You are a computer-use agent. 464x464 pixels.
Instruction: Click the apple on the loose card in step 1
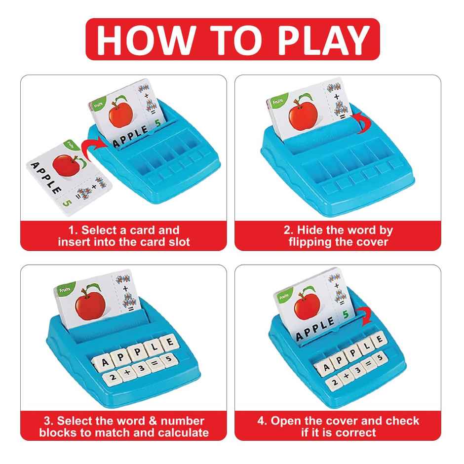coord(64,165)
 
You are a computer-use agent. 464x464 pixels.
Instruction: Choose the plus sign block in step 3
coord(127,375)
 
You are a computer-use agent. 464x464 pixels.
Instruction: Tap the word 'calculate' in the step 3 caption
coord(183,433)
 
